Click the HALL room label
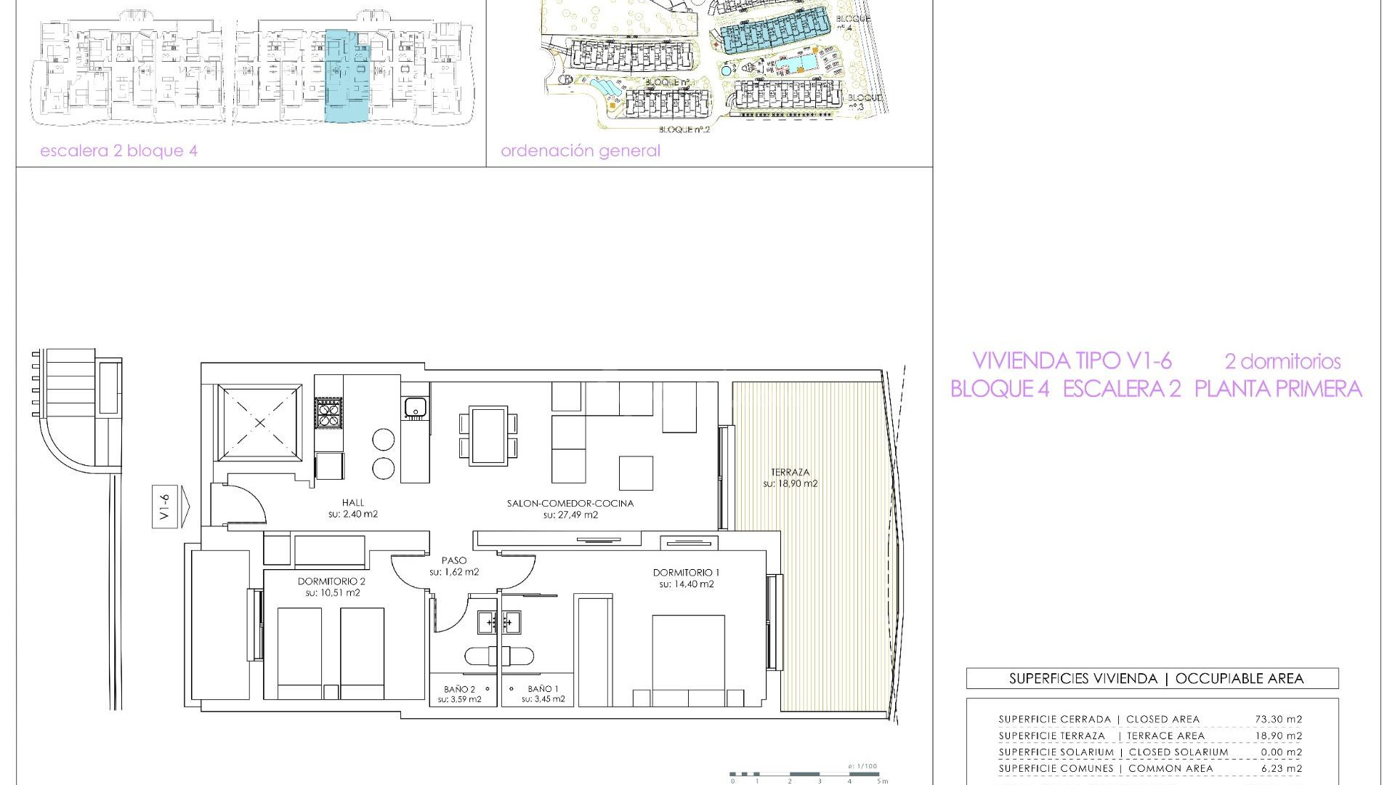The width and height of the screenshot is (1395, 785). (353, 503)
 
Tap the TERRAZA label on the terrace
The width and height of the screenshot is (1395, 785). (790, 472)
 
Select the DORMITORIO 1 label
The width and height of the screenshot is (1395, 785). (686, 573)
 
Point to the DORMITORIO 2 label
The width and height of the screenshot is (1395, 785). (331, 581)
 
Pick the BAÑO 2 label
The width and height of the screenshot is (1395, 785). (459, 689)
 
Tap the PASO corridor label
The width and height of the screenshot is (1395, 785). (454, 561)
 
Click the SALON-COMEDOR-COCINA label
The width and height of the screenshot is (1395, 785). (570, 503)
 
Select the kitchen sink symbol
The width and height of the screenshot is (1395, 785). (415, 407)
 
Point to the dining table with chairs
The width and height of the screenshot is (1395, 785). (489, 436)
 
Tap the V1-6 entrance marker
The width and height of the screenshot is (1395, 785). (166, 506)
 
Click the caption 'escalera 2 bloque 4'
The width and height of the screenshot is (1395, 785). (119, 151)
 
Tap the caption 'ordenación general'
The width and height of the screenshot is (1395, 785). (581, 151)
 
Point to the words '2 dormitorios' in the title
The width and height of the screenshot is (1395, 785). (1282, 361)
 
